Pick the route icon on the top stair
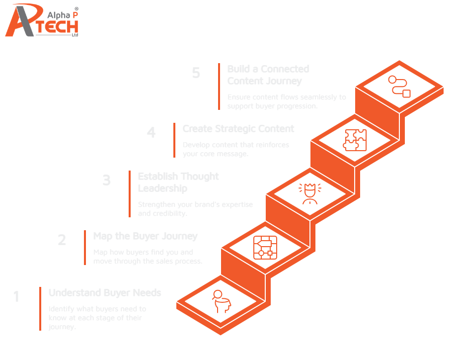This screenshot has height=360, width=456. click(x=399, y=86)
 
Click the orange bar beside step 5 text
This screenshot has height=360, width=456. click(x=219, y=87)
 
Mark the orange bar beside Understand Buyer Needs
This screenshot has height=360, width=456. click(x=40, y=309)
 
